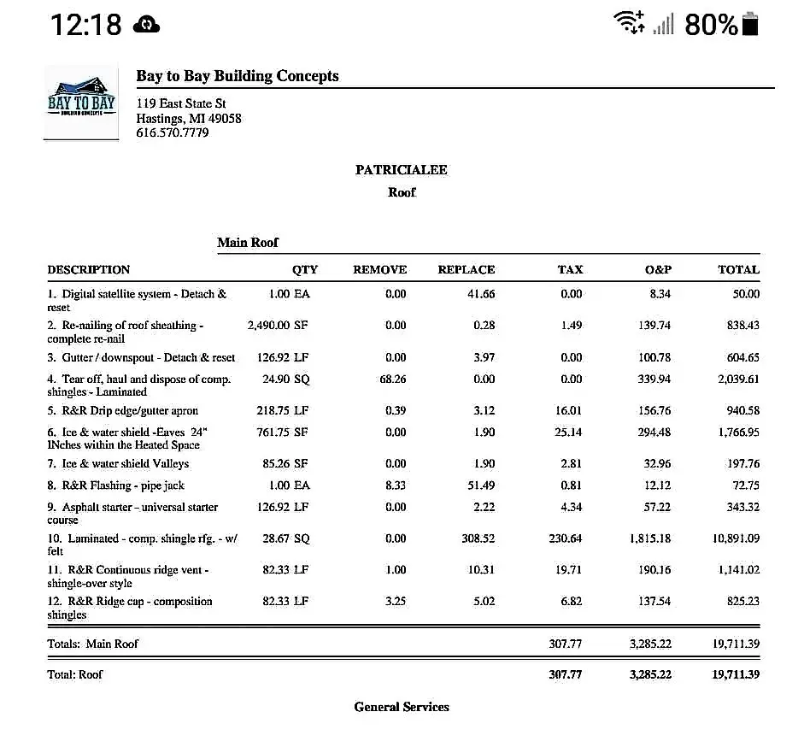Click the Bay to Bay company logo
point(81,102)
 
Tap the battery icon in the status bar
point(750,25)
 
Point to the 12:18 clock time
point(85,25)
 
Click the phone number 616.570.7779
point(173,132)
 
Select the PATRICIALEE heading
point(402,169)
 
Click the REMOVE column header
point(379,269)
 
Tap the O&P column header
point(658,269)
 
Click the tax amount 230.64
point(566,538)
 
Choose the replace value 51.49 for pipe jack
point(480,485)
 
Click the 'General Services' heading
point(402,707)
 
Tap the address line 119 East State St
point(181,104)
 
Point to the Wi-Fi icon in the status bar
point(630,23)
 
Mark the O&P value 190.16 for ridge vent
point(654,570)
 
